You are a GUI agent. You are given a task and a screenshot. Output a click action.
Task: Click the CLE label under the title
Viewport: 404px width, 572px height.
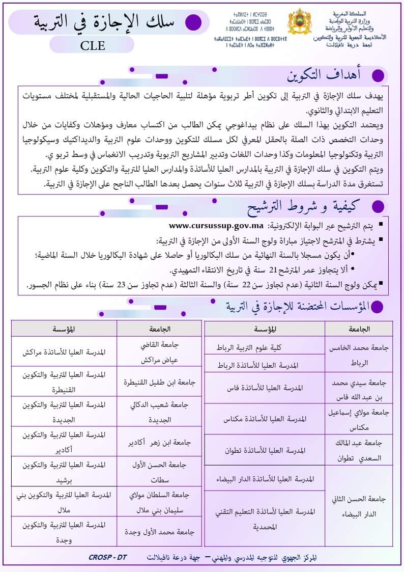pos(92,45)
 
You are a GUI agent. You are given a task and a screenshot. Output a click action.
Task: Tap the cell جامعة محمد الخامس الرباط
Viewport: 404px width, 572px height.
pos(359,356)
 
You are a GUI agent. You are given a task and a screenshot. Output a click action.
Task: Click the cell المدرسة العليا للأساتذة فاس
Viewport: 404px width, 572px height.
pos(265,388)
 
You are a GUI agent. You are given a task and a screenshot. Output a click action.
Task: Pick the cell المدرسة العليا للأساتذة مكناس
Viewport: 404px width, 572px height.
pos(265,419)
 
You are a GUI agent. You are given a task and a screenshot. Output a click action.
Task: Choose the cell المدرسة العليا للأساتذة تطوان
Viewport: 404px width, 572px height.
pos(265,450)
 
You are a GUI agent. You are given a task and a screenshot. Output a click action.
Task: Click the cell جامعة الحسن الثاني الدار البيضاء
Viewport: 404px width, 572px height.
pos(359,506)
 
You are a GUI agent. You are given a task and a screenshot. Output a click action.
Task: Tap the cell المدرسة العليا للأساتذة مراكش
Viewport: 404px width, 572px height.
pos(64,352)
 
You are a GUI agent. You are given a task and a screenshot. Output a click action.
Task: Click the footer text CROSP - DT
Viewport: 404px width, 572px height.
pos(107,557)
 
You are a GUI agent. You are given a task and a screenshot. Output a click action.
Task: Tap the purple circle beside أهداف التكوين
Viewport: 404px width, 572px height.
pos(378,76)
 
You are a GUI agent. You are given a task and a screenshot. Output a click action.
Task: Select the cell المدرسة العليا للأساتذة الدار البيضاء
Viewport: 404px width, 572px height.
pos(265,479)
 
